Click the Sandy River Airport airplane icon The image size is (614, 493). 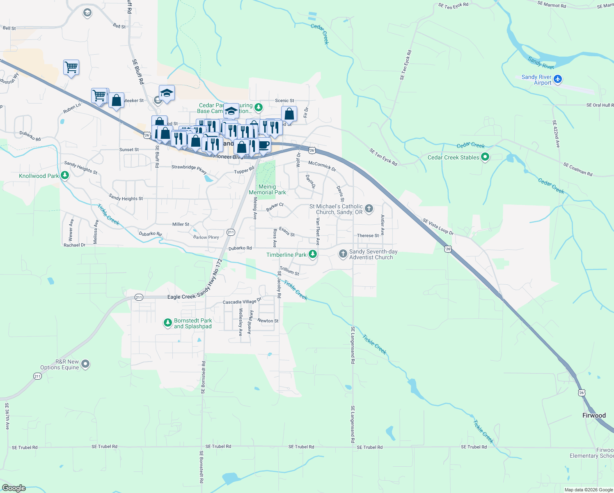[557, 79]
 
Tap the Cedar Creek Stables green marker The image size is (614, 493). [485, 157]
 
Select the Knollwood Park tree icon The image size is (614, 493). [64, 175]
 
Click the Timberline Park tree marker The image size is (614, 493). [313, 254]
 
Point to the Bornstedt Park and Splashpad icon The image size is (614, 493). [167, 323]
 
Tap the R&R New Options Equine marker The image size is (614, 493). [85, 364]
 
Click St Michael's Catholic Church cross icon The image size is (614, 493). [369, 209]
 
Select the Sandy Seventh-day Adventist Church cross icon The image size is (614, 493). [343, 254]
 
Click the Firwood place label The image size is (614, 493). [594, 415]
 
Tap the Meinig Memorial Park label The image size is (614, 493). [267, 189]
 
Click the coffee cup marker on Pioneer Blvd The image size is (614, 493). [264, 145]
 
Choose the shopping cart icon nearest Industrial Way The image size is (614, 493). [71, 67]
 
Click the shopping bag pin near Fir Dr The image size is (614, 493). [289, 114]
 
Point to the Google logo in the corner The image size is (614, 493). [14, 488]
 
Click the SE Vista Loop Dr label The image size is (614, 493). [438, 227]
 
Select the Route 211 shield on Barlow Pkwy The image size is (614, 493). [231, 232]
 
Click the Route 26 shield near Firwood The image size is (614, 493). [582, 393]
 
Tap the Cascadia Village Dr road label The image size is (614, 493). [242, 301]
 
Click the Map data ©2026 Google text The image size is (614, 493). [588, 489]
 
